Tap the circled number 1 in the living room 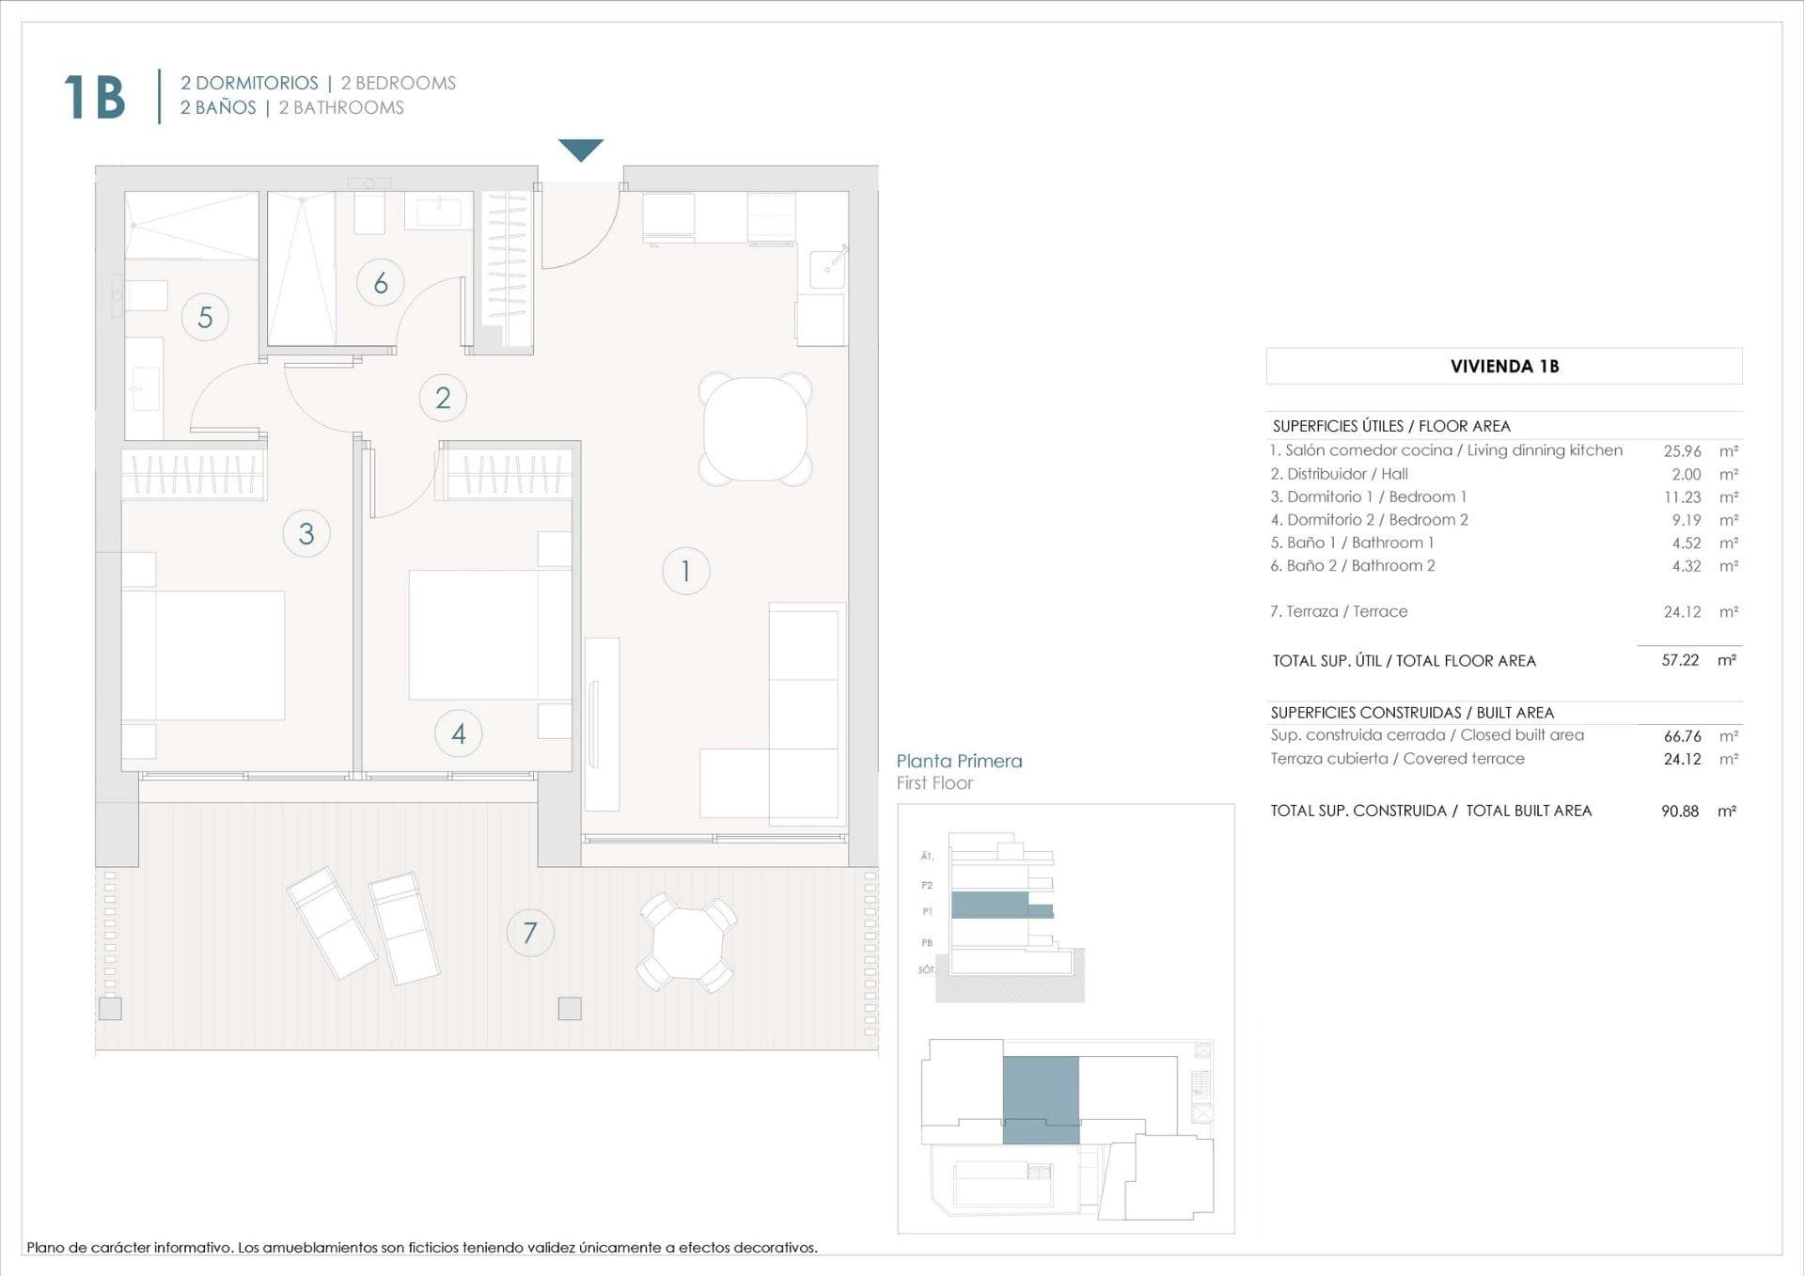685,571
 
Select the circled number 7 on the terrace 530,932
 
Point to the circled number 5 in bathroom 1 205,317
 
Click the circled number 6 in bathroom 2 381,282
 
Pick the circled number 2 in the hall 443,398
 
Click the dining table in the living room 755,429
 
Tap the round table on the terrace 688,943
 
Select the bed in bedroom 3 203,654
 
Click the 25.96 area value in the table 1682,451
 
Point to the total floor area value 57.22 1680,660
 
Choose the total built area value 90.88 1680,811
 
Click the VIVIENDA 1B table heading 1503,367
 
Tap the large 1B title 95,97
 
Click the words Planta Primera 959,761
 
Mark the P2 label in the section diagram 927,885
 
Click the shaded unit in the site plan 1041,1098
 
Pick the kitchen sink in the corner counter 827,268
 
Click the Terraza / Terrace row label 1339,611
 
